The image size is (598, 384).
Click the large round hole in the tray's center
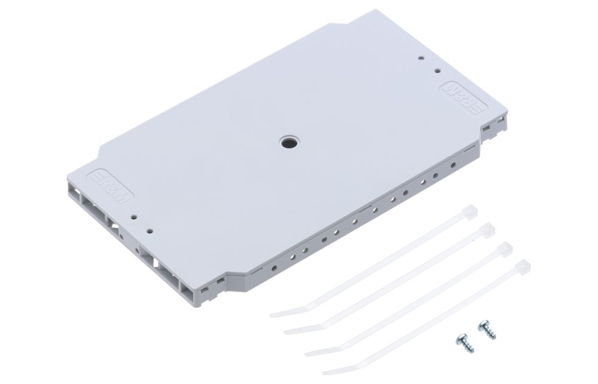point(288,143)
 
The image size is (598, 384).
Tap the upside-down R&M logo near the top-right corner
point(463,99)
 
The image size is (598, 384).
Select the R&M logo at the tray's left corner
point(110,186)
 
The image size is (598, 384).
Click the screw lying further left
point(465,342)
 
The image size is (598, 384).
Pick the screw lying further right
point(487,330)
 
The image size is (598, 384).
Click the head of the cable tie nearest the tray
point(469,211)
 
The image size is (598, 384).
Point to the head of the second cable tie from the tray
point(487,229)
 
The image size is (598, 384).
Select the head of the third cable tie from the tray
point(504,248)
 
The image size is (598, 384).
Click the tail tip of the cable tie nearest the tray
point(271,315)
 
